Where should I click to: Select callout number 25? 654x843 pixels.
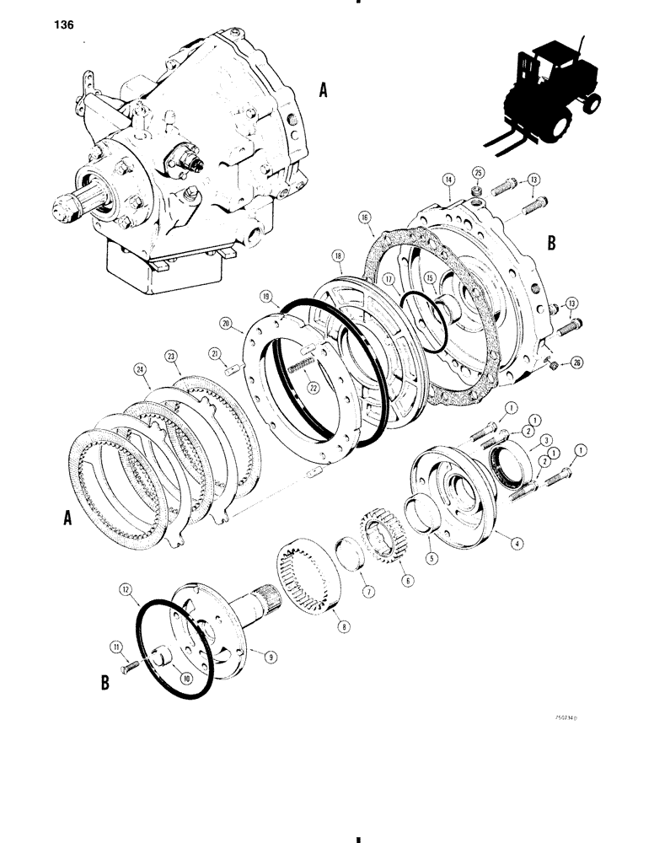click(x=478, y=173)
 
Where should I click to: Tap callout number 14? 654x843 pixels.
click(x=448, y=180)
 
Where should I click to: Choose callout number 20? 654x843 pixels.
click(x=226, y=321)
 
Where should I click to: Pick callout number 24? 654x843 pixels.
click(x=140, y=368)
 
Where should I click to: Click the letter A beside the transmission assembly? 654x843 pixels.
click(x=323, y=91)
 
